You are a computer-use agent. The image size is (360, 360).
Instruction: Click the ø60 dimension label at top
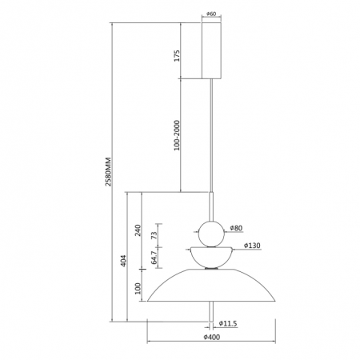pyautogui.click(x=211, y=14)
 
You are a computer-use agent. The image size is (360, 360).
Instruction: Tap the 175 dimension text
pyautogui.click(x=177, y=55)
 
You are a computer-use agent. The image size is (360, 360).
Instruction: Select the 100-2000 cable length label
pyautogui.click(x=177, y=135)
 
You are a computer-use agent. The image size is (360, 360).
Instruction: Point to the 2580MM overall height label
pyautogui.click(x=108, y=172)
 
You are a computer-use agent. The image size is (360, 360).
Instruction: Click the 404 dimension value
pyautogui.click(x=123, y=261)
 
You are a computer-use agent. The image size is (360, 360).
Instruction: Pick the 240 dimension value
pyautogui.click(x=138, y=230)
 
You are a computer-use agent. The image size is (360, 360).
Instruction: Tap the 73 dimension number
pyautogui.click(x=154, y=235)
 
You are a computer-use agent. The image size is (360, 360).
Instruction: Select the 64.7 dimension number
pyautogui.click(x=154, y=258)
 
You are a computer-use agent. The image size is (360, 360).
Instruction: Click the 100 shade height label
pyautogui.click(x=138, y=288)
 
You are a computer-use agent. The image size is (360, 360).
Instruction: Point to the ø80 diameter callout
pyautogui.click(x=236, y=228)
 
